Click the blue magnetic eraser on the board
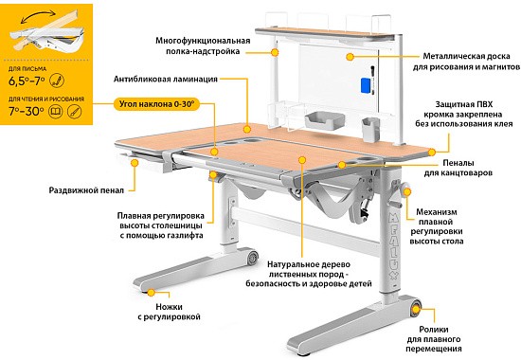point(367,86)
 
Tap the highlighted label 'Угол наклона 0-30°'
point(156,104)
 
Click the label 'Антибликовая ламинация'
point(166,80)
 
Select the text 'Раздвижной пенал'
point(86,190)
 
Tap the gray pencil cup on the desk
point(370,130)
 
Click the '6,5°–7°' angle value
point(27,81)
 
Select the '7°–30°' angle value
point(27,111)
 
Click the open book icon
point(55,111)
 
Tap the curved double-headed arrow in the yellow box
point(38,15)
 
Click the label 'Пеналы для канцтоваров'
point(458,168)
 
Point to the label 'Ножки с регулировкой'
point(169,312)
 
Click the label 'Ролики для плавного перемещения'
point(434,339)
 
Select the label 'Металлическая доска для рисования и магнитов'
point(466,62)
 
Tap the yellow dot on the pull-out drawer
point(135,163)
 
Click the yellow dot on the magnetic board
point(350,57)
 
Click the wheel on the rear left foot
point(252,258)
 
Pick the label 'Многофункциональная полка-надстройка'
point(203,45)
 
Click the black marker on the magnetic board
point(372,72)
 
